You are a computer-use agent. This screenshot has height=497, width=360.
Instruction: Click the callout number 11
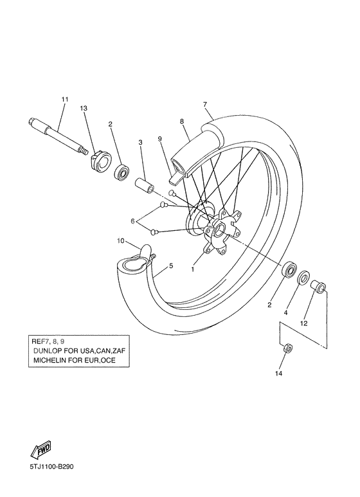coord(64,99)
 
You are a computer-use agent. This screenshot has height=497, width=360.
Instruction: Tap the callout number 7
coord(204,104)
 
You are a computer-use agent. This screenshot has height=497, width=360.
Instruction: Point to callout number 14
coord(279,373)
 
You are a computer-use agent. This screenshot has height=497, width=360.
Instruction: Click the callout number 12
coord(303,324)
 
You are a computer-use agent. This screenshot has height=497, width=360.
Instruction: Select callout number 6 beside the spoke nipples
coord(133,221)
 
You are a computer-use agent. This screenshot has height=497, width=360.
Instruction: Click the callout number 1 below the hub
coord(192,270)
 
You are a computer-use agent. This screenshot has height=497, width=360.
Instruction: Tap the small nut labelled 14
coord(288,348)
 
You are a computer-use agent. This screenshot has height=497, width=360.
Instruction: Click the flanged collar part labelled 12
coord(318,285)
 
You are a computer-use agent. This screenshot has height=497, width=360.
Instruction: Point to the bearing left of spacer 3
coord(122,172)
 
